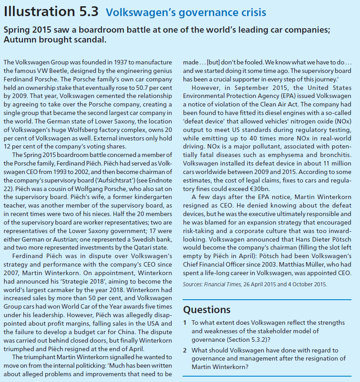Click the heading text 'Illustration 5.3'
(x=51, y=12)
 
